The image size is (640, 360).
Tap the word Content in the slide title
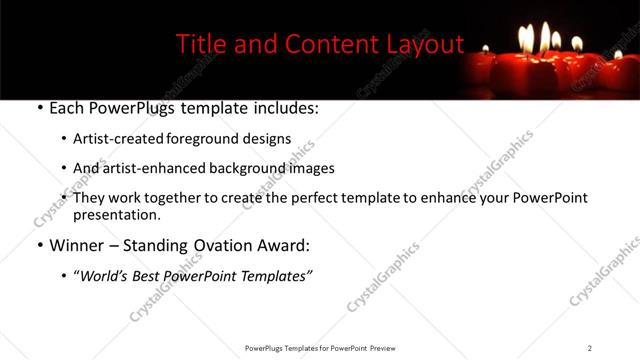point(323,45)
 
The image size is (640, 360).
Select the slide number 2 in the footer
point(589,348)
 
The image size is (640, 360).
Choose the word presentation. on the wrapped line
point(116,214)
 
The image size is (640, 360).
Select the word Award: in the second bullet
point(283,244)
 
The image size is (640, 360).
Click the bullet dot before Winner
point(39,245)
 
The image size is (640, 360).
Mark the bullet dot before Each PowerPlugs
point(39,108)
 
